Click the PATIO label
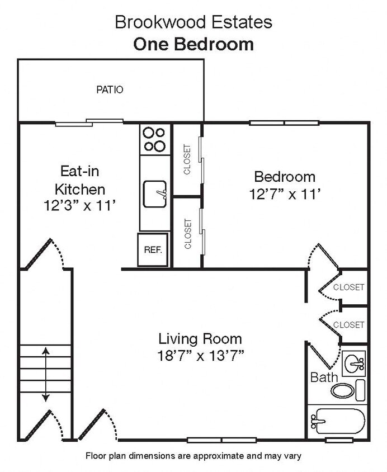click(110, 89)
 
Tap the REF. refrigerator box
click(153, 250)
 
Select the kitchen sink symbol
click(155, 193)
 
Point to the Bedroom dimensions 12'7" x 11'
click(284, 194)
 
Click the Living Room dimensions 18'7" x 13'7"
click(200, 355)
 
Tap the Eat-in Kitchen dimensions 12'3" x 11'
click(80, 205)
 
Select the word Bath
click(324, 377)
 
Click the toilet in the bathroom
click(346, 389)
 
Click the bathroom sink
click(353, 364)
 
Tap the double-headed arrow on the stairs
click(45, 374)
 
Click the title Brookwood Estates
click(193, 22)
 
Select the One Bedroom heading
click(193, 44)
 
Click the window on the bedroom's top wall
click(285, 122)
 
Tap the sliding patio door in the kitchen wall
click(89, 122)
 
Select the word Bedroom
click(284, 177)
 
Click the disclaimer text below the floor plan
click(193, 456)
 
